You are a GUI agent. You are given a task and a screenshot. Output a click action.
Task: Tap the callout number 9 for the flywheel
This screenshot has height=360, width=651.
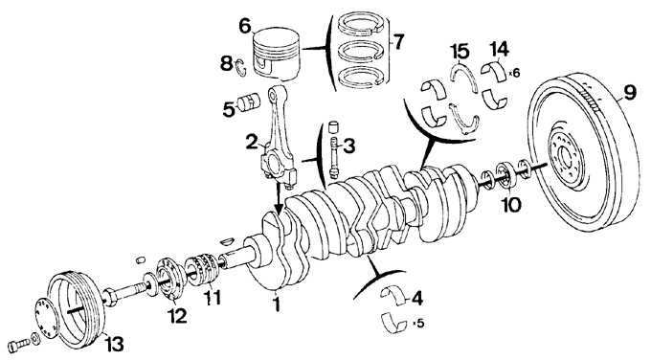pyautogui.click(x=630, y=93)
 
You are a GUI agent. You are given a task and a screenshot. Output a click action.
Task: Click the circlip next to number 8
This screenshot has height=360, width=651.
pyautogui.click(x=241, y=68)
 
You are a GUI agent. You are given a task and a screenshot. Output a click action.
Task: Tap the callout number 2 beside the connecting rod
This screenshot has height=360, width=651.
pyautogui.click(x=252, y=142)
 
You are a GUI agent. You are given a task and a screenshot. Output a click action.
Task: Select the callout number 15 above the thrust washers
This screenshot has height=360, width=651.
pyautogui.click(x=460, y=52)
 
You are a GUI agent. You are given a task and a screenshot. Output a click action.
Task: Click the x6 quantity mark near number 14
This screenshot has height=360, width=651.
pyautogui.click(x=514, y=73)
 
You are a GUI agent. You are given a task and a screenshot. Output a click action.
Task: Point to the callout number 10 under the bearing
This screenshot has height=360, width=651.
pyautogui.click(x=511, y=205)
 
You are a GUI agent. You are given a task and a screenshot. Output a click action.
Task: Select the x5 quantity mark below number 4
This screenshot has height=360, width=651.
pyautogui.click(x=419, y=323)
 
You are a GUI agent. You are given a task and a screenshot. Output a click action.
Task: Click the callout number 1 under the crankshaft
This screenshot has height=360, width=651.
pyautogui.click(x=276, y=304)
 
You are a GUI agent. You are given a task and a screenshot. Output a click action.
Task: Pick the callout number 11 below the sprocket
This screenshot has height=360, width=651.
pyautogui.click(x=212, y=298)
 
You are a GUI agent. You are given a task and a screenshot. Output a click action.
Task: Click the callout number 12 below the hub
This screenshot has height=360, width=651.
pyautogui.click(x=177, y=316)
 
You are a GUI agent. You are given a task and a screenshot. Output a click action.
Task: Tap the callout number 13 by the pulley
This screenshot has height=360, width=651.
pyautogui.click(x=114, y=344)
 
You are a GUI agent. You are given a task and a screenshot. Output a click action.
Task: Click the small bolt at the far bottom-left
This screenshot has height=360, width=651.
pyautogui.click(x=18, y=345)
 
